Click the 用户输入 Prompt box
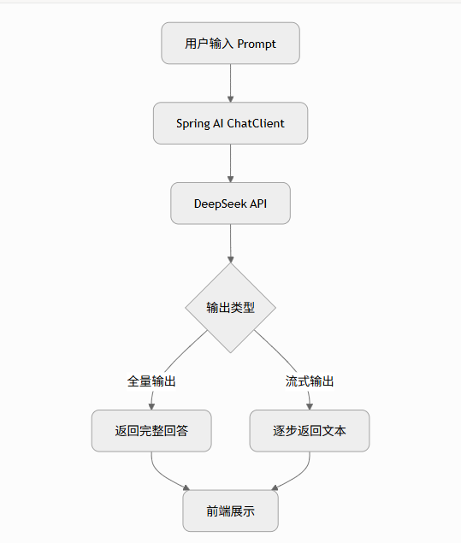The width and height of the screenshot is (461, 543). tap(230, 44)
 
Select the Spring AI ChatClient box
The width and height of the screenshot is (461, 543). tap(230, 123)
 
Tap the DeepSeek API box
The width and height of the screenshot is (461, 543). tap(230, 204)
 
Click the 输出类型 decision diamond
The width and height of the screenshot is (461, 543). tap(230, 307)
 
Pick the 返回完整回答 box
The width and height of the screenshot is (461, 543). tap(151, 430)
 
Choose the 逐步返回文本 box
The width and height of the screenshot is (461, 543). tap(309, 430)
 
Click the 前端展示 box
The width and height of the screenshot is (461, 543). tap(230, 511)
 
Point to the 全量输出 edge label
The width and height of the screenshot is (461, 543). tap(151, 381)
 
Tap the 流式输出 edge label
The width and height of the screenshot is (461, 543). tap(310, 381)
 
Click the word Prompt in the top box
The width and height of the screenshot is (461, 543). tap(256, 44)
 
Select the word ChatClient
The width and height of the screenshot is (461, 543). tap(256, 123)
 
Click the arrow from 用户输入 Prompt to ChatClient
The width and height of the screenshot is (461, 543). tap(230, 83)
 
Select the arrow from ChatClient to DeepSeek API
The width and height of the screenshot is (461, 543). tap(230, 162)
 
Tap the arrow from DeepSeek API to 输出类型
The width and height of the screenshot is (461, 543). tap(230, 243)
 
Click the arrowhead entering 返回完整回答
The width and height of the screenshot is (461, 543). tap(151, 406)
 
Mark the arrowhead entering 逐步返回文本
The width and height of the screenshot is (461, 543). tap(310, 406)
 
